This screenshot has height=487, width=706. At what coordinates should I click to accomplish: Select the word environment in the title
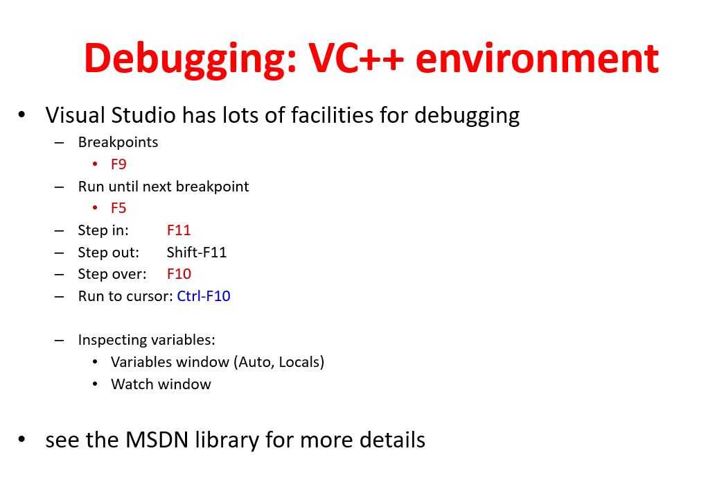537,58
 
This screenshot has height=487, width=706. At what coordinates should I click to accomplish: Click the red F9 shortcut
118,164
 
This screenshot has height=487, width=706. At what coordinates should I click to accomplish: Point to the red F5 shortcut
118,208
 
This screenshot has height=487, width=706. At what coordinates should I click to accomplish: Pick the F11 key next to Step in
179,230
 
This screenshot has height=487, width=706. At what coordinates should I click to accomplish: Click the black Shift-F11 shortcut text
197,252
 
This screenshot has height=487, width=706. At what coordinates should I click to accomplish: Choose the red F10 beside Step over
179,274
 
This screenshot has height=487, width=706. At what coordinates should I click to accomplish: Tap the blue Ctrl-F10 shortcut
204,296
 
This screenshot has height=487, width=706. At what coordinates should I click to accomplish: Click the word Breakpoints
118,142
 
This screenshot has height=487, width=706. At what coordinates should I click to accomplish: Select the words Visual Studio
110,115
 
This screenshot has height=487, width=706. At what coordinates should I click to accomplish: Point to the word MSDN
157,440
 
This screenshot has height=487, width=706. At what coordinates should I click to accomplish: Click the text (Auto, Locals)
279,362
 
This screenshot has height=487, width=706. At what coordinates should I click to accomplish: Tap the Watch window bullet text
161,384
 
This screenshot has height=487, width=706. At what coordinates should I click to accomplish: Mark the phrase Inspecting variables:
146,340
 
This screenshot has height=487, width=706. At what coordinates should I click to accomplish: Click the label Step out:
109,252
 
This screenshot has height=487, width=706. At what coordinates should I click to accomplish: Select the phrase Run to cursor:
125,296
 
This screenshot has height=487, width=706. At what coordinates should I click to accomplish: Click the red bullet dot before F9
95,164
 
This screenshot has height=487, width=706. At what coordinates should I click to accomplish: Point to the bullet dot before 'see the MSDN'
21,438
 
